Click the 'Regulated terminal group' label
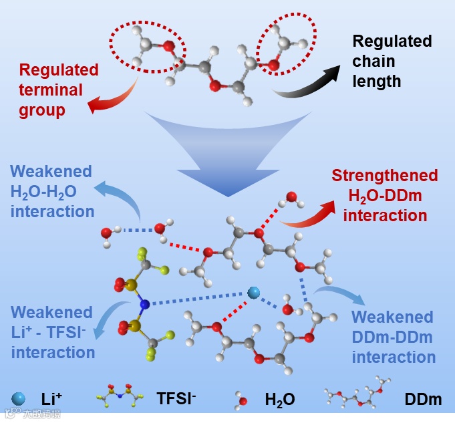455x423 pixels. pos(59,90)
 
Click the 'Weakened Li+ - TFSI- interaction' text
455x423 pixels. pos(52,331)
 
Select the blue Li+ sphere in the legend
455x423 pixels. pos(18,399)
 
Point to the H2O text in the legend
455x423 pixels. pos(280,400)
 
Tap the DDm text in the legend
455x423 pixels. pos(423,400)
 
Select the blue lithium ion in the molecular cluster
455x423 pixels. pos(253,293)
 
